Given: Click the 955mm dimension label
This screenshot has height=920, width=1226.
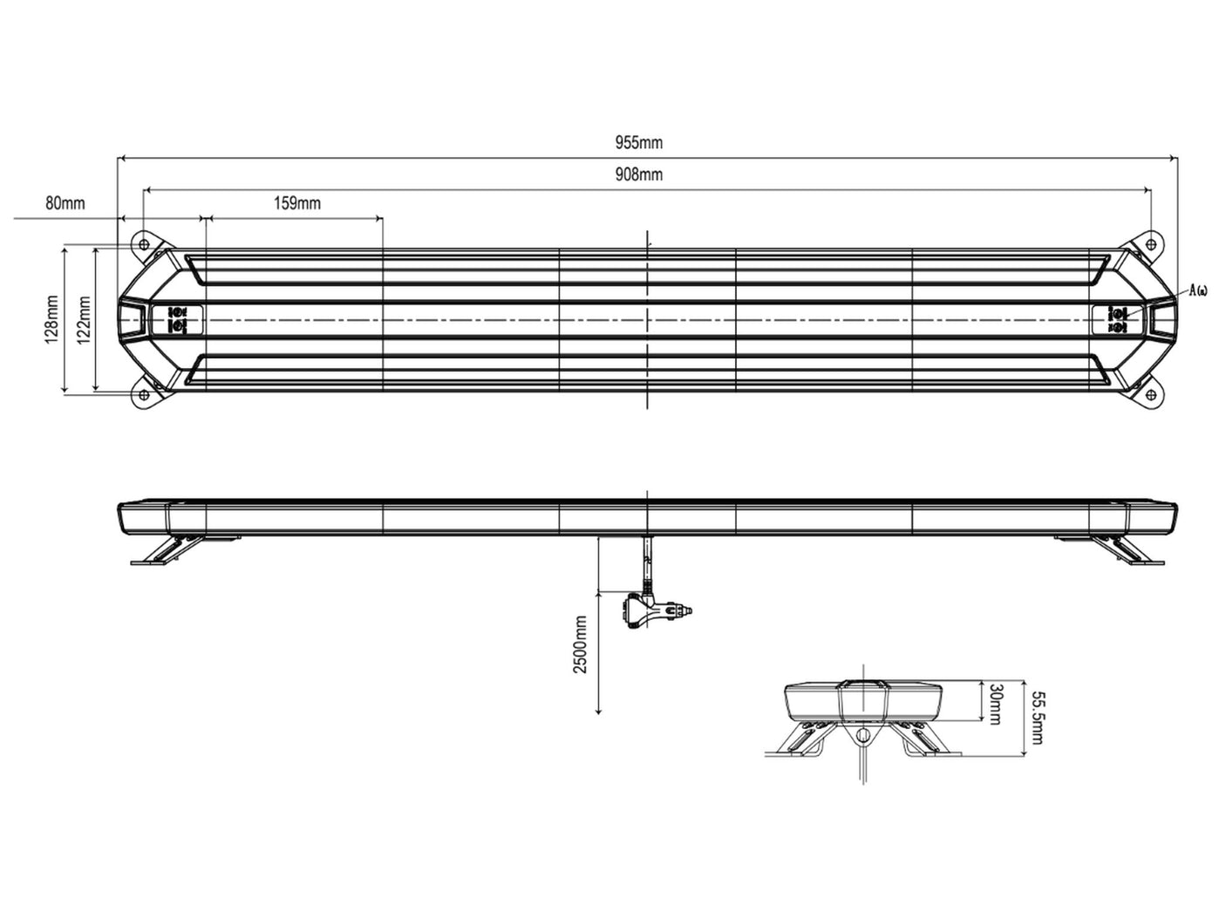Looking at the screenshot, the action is click(639, 142).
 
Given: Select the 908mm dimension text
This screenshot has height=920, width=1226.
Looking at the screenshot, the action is click(639, 174).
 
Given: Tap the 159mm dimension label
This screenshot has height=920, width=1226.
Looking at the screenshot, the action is click(297, 203).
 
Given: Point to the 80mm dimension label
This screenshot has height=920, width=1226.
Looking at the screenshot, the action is click(65, 203).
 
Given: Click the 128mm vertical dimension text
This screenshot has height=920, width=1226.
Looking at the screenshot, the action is click(52, 319).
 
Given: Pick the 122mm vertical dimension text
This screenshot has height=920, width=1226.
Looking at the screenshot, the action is click(84, 319).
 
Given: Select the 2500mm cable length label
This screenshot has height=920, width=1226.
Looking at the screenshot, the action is click(581, 644).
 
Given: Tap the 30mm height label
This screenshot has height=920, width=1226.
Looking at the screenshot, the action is click(996, 705).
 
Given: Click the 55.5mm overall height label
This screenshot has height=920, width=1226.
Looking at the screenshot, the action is click(1037, 718).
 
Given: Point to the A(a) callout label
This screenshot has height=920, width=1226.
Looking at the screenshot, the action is click(1198, 290).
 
